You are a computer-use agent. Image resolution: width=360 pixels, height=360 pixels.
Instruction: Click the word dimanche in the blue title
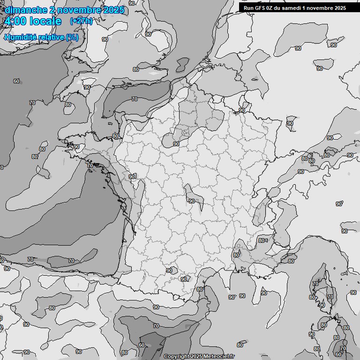26,10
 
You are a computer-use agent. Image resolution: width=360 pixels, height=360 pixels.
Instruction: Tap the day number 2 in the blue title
52,10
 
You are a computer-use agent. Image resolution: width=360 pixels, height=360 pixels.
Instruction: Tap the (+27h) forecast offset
81,21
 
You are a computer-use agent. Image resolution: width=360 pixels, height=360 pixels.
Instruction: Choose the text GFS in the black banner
261,8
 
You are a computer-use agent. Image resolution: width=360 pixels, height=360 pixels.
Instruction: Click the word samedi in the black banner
295,8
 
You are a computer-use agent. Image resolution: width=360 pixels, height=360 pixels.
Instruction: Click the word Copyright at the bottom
177,357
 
